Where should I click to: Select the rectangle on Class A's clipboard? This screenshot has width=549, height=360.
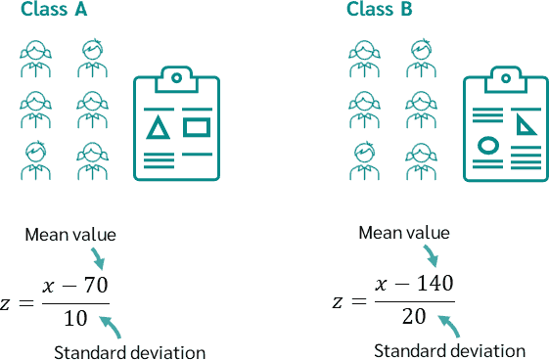pyautogui.click(x=197, y=126)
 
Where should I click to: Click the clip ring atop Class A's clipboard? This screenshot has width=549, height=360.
pyautogui.click(x=176, y=76)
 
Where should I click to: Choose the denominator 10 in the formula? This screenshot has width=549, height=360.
pyautogui.click(x=75, y=318)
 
